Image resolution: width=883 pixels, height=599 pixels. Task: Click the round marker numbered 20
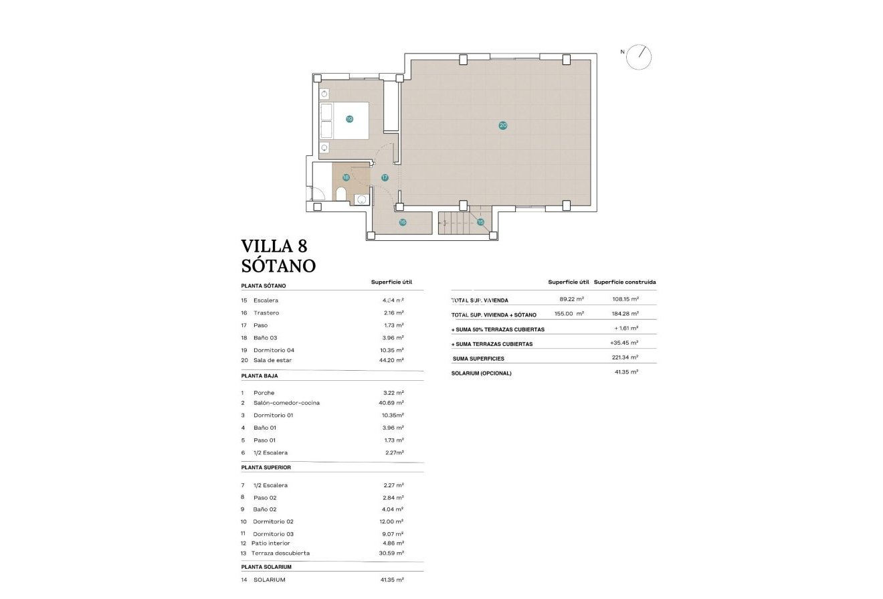(502, 125)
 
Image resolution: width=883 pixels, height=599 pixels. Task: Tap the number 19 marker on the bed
(349, 119)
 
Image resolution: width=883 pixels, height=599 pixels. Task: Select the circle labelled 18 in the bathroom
(346, 177)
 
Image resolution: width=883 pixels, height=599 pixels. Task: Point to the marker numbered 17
(385, 177)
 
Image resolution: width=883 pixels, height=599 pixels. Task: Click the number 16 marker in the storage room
(403, 222)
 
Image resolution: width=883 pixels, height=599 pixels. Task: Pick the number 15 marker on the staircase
(480, 222)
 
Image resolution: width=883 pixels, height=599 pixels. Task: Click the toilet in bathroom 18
(340, 195)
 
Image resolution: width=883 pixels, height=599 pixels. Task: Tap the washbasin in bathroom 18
(361, 199)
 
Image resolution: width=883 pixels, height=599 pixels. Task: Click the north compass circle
(638, 57)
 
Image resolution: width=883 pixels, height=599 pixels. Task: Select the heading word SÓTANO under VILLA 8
(278, 266)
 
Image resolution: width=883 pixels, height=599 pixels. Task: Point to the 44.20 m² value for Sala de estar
(391, 360)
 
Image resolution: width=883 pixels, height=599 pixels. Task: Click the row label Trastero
(266, 313)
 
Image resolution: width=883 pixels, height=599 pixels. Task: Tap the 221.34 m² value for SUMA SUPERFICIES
(625, 358)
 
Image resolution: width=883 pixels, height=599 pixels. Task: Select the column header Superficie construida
(625, 282)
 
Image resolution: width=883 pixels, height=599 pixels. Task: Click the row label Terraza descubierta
(280, 553)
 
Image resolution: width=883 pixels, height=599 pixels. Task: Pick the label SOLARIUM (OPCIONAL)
(482, 373)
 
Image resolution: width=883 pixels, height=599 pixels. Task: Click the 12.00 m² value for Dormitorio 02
(391, 521)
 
